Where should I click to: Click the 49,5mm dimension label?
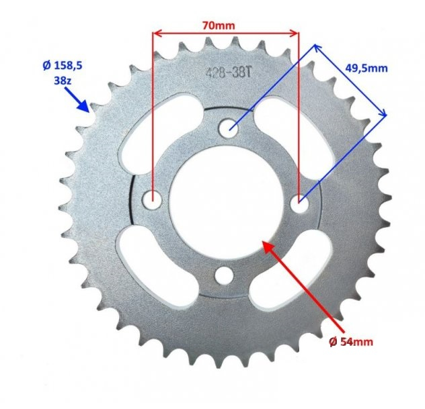366,68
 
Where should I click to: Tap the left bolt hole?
154,199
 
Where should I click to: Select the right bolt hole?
300,199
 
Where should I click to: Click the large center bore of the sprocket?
225,201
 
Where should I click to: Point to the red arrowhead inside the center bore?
270,248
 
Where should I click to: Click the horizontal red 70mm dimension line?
225,32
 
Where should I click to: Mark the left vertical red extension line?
153,114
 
